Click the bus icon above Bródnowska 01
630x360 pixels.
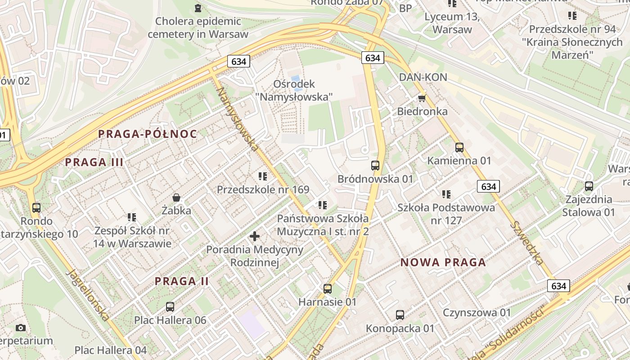[375, 166]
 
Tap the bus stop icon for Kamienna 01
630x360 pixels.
[459, 147]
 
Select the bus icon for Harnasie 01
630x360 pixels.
[328, 289]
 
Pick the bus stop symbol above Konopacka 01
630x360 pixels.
[400, 315]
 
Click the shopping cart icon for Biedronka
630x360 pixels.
[422, 98]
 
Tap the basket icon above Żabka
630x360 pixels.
[176, 198]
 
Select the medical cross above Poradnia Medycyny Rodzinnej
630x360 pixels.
[255, 236]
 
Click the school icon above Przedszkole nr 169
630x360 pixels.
[263, 176]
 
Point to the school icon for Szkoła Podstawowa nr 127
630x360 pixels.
[446, 194]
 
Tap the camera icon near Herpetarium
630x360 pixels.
[20, 328]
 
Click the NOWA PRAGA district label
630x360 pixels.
[443, 262]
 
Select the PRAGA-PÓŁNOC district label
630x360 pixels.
[148, 134]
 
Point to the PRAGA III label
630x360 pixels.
[94, 162]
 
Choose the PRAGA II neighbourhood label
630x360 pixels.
[182, 281]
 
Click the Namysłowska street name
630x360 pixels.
[238, 118]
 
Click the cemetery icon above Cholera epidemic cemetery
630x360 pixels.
[198, 8]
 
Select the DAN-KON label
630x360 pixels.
[423, 77]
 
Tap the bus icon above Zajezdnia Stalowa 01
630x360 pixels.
[589, 186]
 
